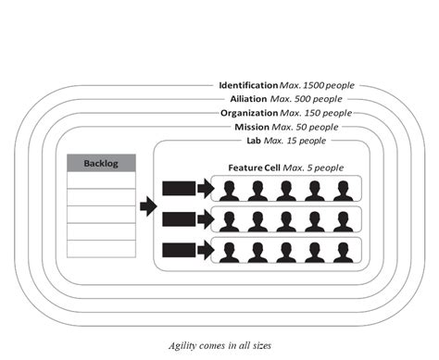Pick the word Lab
(x=252, y=140)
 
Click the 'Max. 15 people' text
(x=295, y=140)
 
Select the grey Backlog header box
(x=102, y=163)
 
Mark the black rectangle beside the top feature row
(x=178, y=190)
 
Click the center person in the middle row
(x=284, y=221)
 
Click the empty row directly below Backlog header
(x=102, y=180)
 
